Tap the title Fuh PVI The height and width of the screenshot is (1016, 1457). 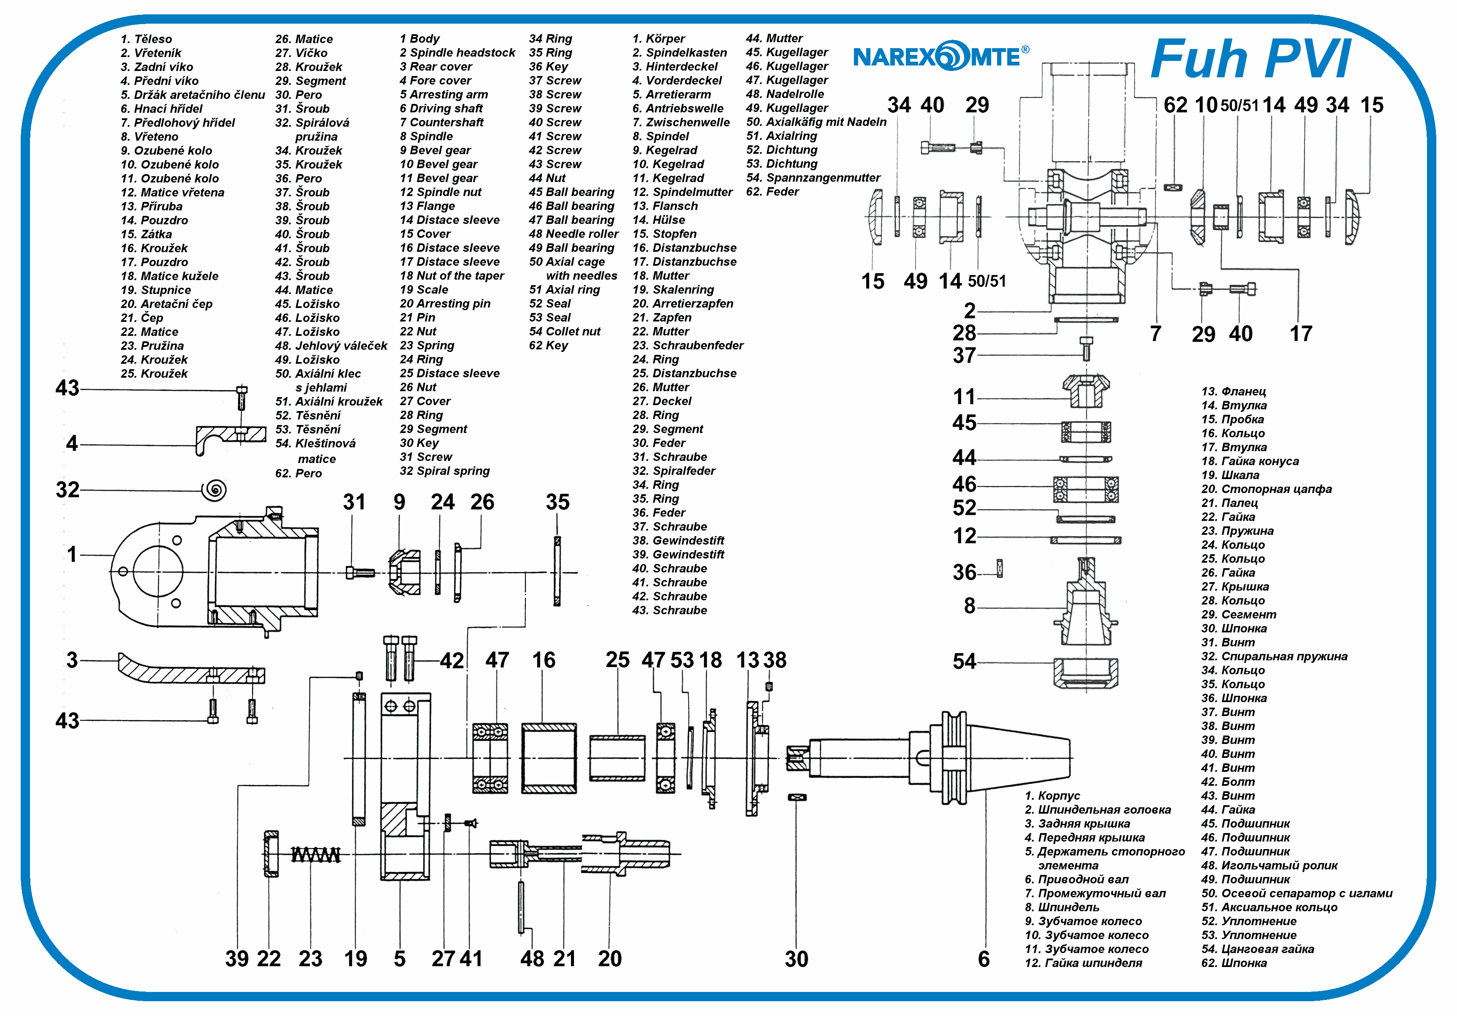click(1250, 59)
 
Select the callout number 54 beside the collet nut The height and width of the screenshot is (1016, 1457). click(964, 661)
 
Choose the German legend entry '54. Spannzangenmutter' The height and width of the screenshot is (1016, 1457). click(813, 178)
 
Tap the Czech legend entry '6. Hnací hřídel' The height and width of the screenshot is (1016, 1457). click(161, 109)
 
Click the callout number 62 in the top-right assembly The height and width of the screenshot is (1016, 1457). click(1175, 105)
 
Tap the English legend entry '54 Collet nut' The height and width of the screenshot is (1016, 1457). click(564, 331)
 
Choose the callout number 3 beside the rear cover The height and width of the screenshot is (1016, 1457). click(72, 660)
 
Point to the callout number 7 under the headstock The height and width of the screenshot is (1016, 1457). click(1155, 334)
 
